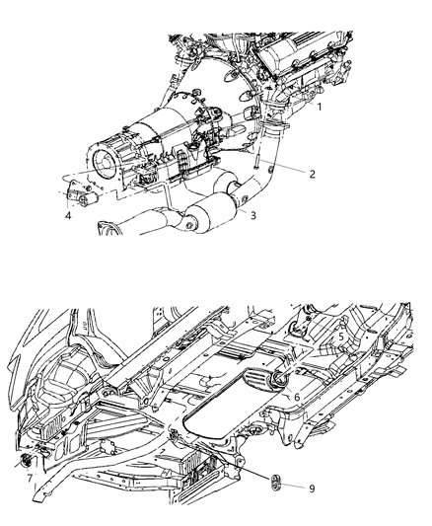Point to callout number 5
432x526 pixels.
(341, 337)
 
